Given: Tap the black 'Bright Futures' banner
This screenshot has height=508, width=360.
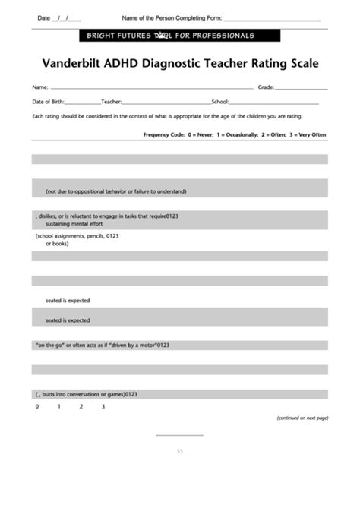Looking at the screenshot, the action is coord(179,36).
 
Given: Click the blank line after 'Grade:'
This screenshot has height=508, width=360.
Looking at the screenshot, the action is coord(302,88).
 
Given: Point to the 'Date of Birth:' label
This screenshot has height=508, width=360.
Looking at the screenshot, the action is coord(48,101).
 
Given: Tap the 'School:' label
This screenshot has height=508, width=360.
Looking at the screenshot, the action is coord(219,101).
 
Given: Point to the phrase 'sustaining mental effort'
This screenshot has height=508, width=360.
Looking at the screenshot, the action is coord(74,224).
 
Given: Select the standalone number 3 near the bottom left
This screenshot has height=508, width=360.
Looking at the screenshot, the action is coord(103,407).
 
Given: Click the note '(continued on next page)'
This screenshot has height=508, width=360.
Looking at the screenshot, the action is coord(302,418).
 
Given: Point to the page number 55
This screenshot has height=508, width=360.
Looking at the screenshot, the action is coord(180,451).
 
